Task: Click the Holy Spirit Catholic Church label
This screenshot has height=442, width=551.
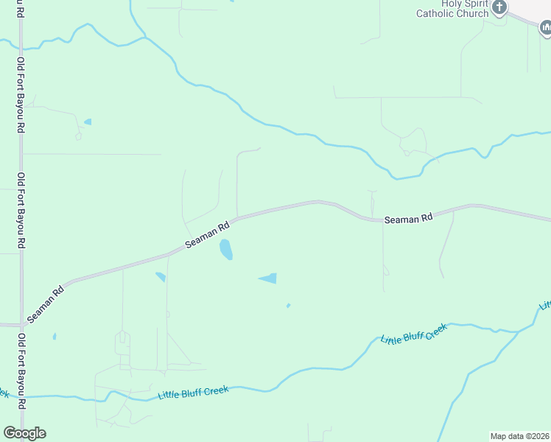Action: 452,9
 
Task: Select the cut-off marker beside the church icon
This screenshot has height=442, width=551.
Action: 546,28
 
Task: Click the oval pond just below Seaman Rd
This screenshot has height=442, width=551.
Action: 225,250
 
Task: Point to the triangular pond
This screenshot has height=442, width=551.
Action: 269,278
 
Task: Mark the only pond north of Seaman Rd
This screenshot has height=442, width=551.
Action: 88,122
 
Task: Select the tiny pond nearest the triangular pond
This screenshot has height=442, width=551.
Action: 288,305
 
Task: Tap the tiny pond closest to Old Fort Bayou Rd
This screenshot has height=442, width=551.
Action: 54,337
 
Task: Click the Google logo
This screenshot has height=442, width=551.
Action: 24,433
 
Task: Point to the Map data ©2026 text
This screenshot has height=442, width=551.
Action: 520,436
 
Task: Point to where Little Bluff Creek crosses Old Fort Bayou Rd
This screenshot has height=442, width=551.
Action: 21,396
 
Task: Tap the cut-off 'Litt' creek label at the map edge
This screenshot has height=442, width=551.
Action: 545,304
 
